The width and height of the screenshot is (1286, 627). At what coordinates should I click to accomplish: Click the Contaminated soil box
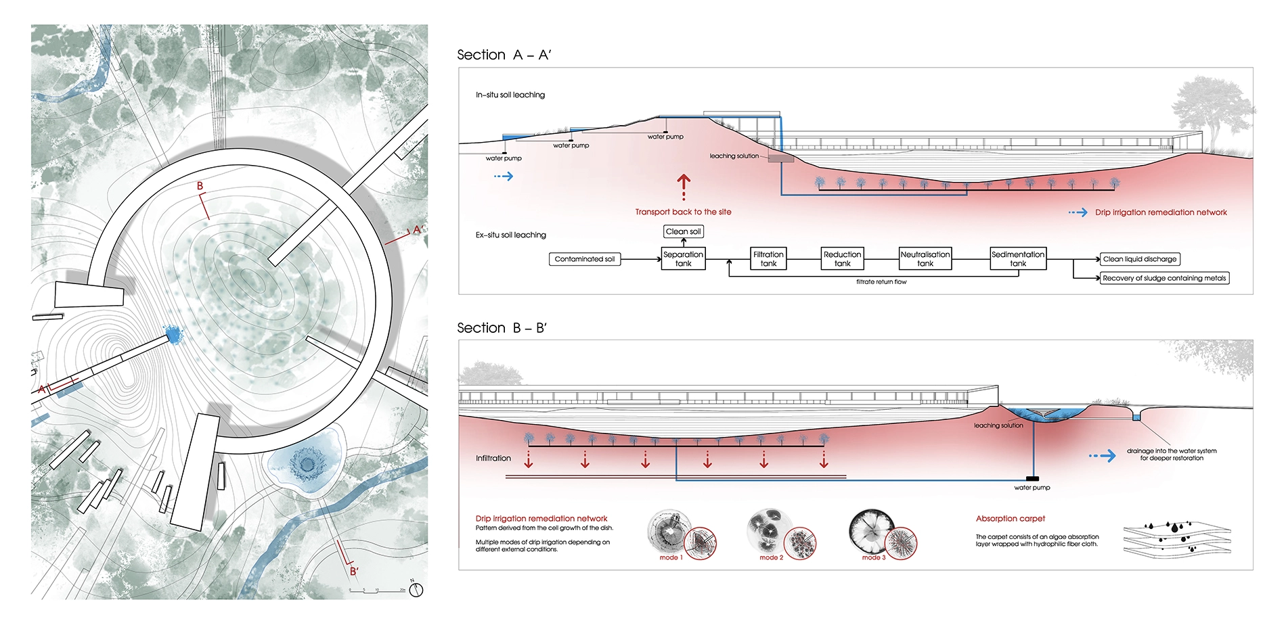point(585,259)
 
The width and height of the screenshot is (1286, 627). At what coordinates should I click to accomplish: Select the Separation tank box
point(683,259)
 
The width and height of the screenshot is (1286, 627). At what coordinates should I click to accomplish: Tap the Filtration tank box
point(768,259)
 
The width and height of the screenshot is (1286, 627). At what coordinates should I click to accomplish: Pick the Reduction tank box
point(842,259)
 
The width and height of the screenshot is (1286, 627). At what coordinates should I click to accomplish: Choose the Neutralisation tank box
point(925,259)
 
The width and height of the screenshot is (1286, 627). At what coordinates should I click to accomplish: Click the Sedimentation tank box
point(1018,259)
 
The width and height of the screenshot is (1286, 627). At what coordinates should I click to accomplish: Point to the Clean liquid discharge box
point(1139,259)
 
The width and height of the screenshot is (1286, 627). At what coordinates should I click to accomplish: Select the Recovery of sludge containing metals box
point(1164,278)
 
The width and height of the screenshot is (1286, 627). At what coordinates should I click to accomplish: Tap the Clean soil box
point(683,231)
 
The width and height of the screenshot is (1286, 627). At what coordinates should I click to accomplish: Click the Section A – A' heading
point(504,55)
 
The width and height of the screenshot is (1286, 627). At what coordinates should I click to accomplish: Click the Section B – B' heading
point(502,328)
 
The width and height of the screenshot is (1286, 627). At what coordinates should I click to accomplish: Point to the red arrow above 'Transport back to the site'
point(684,187)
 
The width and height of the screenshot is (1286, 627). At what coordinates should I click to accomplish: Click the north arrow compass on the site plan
point(416,590)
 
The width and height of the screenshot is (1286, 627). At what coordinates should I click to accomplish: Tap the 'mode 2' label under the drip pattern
point(771,558)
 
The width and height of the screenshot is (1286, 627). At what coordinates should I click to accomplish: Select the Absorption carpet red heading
point(1010,519)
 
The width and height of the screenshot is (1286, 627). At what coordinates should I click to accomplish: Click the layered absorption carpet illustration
point(1177,539)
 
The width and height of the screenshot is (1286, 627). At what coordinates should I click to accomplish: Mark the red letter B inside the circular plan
point(200,186)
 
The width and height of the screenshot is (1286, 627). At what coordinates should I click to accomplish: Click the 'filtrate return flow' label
point(881,282)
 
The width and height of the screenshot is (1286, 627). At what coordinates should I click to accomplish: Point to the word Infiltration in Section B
point(493,459)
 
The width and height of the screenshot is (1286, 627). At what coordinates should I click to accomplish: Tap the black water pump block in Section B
point(1032,479)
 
